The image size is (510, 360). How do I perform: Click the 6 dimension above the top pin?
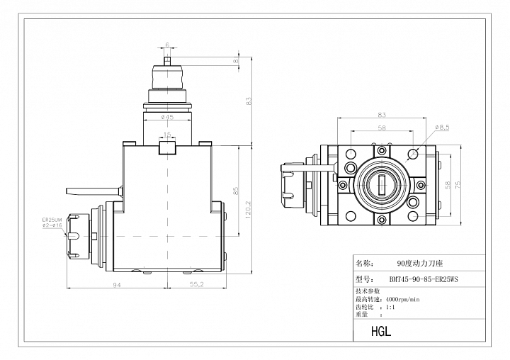(x=167, y=45)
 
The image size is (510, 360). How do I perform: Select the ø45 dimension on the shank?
(x=167, y=117)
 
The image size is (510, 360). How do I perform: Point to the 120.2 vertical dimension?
(x=248, y=209)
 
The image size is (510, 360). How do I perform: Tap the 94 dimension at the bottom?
(x=117, y=285)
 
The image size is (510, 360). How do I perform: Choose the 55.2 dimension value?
(x=196, y=284)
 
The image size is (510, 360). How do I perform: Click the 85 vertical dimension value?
(x=236, y=191)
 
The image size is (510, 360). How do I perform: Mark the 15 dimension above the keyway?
(x=167, y=134)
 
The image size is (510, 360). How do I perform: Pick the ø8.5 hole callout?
(x=442, y=128)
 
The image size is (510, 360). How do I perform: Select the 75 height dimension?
(x=458, y=185)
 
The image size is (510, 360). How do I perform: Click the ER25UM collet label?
(x=52, y=220)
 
